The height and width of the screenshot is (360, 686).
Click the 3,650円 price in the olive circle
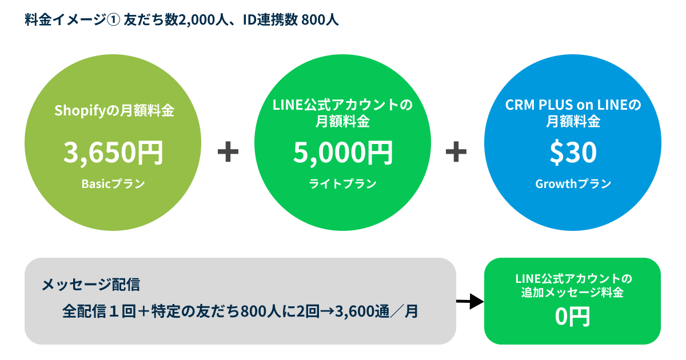coord(113,152)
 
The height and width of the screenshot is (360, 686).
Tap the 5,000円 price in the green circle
coord(343,152)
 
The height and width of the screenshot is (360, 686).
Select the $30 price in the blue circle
coord(573,152)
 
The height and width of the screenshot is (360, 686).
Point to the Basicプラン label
coord(113,184)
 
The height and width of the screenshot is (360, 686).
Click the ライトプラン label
coord(343,184)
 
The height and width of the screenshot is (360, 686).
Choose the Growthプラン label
coord(573,184)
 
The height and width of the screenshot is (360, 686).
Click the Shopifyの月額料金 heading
coord(113,110)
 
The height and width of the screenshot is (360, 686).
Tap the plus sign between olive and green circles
coord(228,152)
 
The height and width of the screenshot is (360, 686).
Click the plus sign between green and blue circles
coord(456,152)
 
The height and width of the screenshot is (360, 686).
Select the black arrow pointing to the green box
coord(470,301)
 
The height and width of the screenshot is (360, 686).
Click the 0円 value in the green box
coord(572,317)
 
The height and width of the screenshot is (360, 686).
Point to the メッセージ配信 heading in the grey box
coord(91,284)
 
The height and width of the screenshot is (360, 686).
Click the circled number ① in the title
coord(113,20)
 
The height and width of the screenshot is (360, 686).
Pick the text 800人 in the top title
coord(320,20)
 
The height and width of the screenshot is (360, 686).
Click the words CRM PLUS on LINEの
coord(573,106)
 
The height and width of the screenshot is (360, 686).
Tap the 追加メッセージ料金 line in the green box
coord(572,293)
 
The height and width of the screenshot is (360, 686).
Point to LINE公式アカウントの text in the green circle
coord(343,106)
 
